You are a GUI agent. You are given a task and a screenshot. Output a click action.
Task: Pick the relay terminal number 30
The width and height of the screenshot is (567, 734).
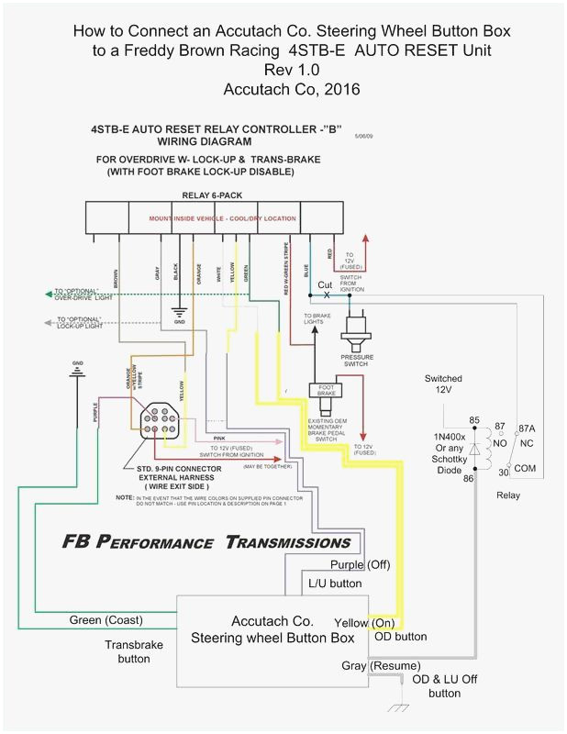pos(504,473)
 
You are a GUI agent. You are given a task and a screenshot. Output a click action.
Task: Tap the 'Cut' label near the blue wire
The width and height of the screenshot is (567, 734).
pos(325,285)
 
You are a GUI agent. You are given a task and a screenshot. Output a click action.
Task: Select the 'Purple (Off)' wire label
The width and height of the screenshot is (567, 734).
pos(360,564)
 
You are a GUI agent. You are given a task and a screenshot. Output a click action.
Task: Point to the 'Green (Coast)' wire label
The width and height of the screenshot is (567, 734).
pos(106,620)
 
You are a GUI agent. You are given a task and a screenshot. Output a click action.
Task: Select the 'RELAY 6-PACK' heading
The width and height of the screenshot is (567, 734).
pos(211,195)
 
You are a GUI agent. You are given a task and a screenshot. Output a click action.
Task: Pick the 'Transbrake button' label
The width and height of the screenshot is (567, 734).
pos(133,651)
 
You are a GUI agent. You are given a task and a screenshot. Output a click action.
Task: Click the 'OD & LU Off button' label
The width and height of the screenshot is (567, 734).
pos(445,686)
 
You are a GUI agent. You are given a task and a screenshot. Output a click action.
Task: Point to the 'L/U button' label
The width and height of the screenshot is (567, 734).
pos(333,584)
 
